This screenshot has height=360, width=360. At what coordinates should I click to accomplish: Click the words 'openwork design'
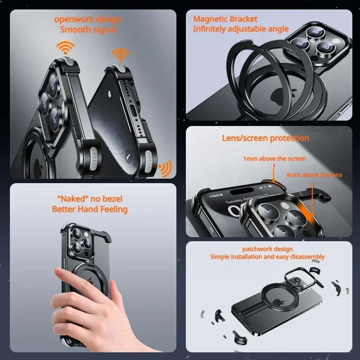point(88,19)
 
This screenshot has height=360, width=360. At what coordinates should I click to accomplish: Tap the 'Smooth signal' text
point(88,30)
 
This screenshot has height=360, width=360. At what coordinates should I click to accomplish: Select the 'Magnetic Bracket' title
point(225,19)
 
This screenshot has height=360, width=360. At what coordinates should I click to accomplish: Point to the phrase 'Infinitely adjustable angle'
point(241,29)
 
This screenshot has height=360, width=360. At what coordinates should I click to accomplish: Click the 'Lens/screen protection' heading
point(265,138)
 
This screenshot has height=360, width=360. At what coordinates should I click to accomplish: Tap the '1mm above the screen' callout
point(274,158)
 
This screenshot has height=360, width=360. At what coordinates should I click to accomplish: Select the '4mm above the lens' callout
point(314,175)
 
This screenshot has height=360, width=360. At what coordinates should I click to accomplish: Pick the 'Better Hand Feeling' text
point(90,209)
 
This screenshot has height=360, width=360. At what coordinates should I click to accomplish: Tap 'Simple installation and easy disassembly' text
point(267,257)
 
